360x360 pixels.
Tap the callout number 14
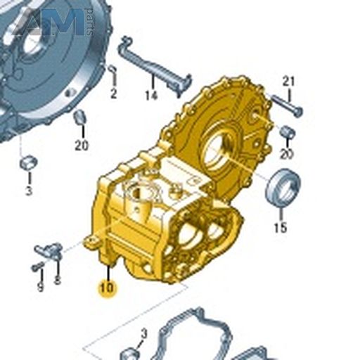pos(151,96)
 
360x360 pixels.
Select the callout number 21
pos(288,82)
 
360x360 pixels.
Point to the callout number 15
pos(281,228)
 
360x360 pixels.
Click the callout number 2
pos(113,94)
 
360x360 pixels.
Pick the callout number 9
pos(40,287)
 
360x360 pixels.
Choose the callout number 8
pos(57,279)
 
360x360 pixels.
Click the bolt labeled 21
pos(287,105)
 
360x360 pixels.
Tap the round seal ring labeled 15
pos(283,188)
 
